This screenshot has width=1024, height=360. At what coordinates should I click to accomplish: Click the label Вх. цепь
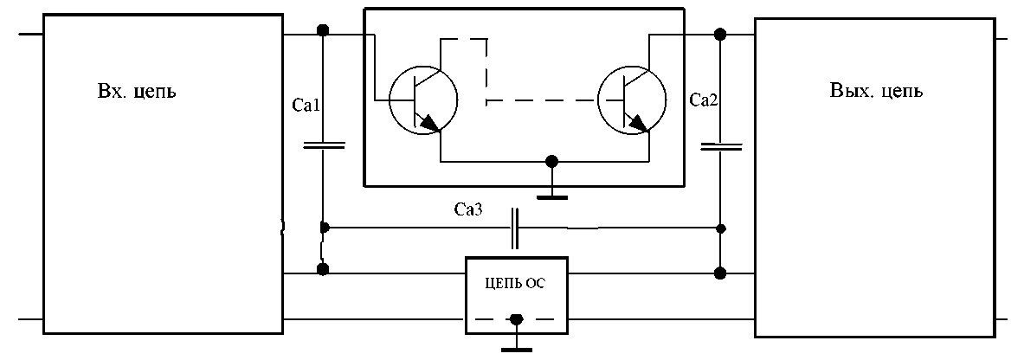[137, 90]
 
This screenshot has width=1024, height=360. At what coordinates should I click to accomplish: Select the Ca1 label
[308, 106]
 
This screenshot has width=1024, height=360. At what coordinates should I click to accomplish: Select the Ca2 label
[704, 100]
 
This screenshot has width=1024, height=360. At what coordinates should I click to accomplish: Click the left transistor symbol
[422, 101]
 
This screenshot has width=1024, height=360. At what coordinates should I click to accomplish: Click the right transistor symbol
[632, 101]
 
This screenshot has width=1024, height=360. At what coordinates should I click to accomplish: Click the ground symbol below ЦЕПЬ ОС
[517, 349]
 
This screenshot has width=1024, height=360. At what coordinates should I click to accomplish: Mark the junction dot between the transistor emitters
[551, 162]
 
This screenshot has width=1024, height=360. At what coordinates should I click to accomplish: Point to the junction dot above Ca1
[323, 31]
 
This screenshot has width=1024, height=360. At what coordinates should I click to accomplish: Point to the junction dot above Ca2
[720, 35]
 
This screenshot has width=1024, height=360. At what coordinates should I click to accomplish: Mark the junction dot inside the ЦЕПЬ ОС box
[517, 318]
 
